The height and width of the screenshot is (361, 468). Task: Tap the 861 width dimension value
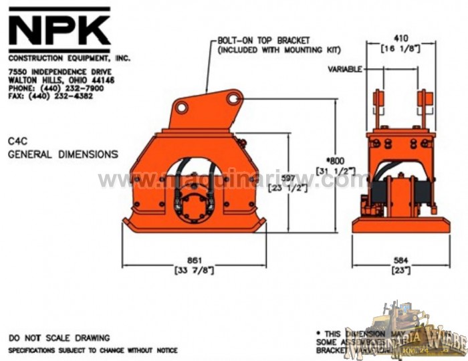coord(195,259)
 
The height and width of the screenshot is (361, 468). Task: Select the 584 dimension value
coord(401,260)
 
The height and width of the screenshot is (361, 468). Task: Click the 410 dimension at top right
coord(401,38)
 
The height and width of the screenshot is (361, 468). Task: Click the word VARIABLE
coord(345,69)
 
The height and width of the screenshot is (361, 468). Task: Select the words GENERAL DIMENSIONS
coord(63,154)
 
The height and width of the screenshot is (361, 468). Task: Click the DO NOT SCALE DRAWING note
coord(59,338)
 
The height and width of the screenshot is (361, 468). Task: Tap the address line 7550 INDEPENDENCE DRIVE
coord(60,72)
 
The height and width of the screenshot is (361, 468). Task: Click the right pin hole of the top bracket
coord(233,99)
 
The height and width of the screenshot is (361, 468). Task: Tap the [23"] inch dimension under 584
coord(401,270)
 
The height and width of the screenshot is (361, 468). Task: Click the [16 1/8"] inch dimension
coord(401,49)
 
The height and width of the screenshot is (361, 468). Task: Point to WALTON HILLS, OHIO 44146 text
coord(61,80)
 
